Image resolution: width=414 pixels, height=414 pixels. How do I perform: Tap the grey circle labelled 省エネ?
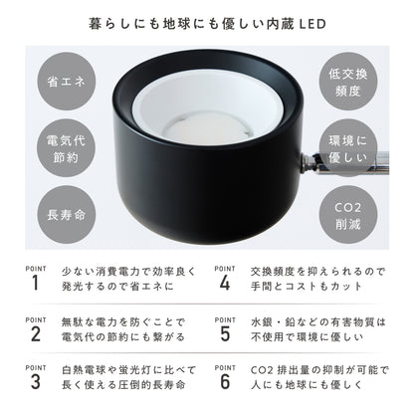(x=67, y=82)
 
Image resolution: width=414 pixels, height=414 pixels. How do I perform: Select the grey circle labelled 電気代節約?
(x=67, y=148)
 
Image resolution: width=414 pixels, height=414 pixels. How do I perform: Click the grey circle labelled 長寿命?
(x=67, y=215)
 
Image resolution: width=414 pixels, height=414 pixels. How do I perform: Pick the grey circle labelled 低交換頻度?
(x=348, y=82)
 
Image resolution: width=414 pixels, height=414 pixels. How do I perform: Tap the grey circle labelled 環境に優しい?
(x=348, y=148)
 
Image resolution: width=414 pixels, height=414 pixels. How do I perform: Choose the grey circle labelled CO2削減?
(x=348, y=215)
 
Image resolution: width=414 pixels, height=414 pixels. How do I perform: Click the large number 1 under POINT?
(x=35, y=283)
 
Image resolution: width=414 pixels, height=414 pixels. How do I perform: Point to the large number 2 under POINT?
(x=36, y=334)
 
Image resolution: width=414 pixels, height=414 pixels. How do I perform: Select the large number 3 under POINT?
(x=36, y=382)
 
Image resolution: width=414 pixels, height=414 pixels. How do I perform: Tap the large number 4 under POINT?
(x=225, y=283)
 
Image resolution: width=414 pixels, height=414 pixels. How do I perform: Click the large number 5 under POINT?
(x=225, y=334)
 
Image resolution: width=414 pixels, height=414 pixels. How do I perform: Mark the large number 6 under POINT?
(x=225, y=382)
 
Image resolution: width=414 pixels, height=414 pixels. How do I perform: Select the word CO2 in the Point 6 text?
(x=261, y=370)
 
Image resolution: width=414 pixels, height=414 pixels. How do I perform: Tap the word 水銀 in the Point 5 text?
(x=261, y=322)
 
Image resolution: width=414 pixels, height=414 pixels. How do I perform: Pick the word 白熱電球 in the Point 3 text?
(x=82, y=370)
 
